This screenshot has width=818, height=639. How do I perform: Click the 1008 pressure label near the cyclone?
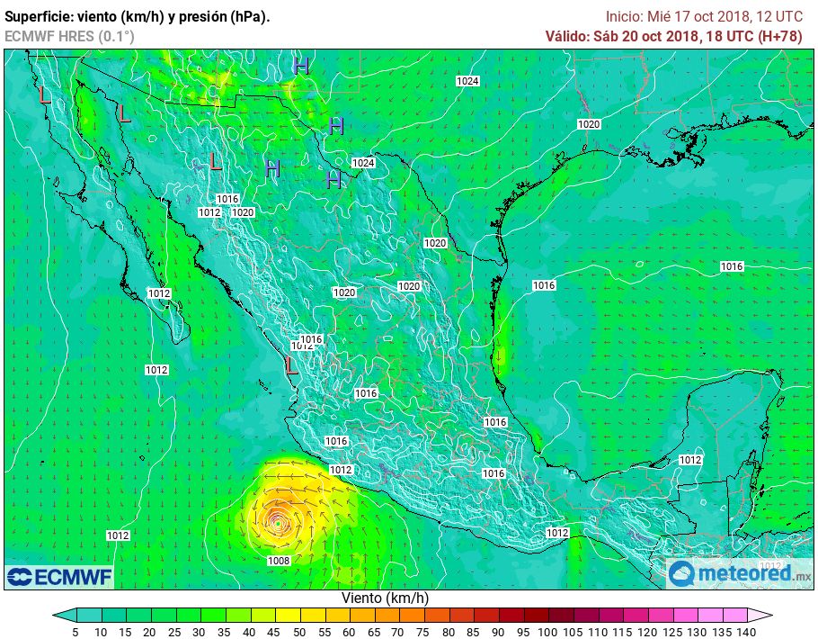click(279, 561)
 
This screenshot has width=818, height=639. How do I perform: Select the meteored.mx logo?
click(740, 573)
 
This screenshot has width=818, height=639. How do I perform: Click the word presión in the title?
click(200, 17)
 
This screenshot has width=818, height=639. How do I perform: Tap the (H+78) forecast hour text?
click(779, 35)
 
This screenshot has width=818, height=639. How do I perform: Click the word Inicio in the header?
click(624, 16)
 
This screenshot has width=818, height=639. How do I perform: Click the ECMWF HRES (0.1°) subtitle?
click(69, 36)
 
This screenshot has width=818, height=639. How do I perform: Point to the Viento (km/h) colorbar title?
click(385, 598)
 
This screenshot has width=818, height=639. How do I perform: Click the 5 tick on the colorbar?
click(76, 632)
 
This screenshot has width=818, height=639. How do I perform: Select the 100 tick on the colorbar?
click(546, 632)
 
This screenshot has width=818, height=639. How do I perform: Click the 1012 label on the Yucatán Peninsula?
click(689, 460)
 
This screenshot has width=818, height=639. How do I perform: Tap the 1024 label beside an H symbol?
click(363, 163)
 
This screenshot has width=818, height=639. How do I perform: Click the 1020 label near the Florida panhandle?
click(589, 124)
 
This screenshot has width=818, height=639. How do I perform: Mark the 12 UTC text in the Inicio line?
click(777, 16)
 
